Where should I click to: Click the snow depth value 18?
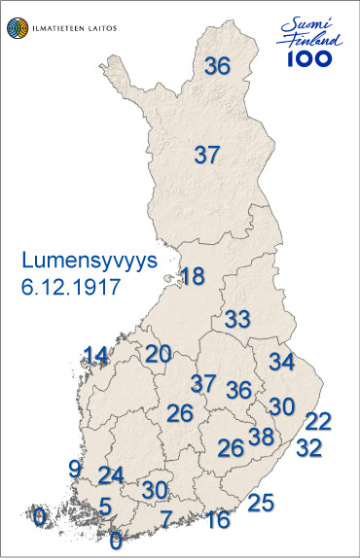coord(193,276)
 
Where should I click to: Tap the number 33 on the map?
coord(238,319)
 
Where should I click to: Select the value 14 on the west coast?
coord(95,355)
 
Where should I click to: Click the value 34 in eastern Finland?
coord(281,363)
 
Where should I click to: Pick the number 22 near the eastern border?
coord(318,421)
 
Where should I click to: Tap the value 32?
coord(308,448)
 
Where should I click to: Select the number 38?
coord(261,437)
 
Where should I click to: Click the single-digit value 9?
coord(75,469)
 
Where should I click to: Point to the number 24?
coord(112,475)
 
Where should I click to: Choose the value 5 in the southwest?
coord(105,507)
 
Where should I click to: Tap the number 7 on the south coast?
coord(165,517)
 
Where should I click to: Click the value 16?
coord(219,518)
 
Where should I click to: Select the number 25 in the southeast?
coord(261,503)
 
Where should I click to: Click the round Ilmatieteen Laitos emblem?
coord(20,26)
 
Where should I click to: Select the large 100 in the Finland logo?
coord(309,57)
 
